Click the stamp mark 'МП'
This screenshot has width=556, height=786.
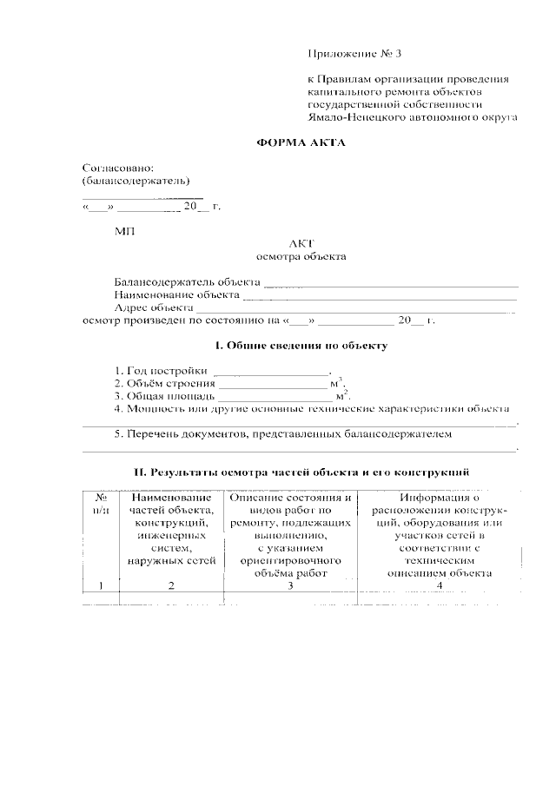[124, 231]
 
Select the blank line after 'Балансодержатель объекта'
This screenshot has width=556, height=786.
[390, 284]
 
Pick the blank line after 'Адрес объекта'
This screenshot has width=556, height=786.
[356, 309]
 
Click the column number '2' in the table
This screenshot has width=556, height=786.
[170, 585]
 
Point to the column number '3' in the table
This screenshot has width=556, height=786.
[290, 585]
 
